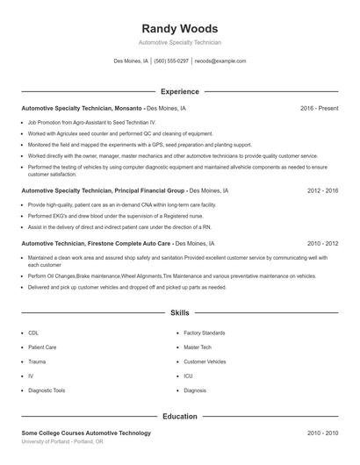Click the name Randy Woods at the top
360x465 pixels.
(x=179, y=28)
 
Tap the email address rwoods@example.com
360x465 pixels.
(x=220, y=61)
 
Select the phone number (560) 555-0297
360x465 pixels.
(x=171, y=61)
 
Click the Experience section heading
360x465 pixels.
(x=179, y=91)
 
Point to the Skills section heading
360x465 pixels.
(x=179, y=312)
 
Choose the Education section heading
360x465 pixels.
(x=179, y=416)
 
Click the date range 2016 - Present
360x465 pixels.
(x=319, y=109)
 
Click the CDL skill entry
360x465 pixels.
(x=33, y=333)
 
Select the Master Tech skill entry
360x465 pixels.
(x=197, y=347)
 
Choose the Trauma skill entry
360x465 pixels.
(x=37, y=361)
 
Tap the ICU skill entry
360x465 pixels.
(x=188, y=376)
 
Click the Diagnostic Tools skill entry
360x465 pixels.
(x=47, y=390)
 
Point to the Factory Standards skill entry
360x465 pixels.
(x=204, y=333)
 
